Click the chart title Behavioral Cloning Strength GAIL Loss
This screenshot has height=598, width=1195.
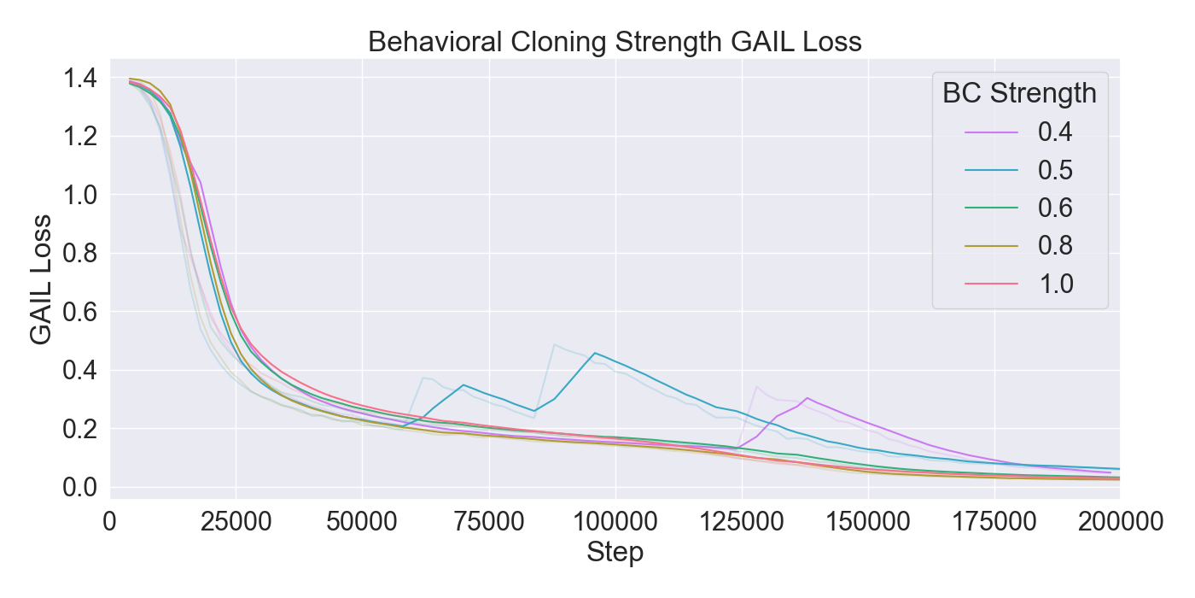(x=615, y=42)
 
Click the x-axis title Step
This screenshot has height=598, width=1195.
(x=615, y=553)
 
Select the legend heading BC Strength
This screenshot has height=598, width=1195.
(x=1019, y=92)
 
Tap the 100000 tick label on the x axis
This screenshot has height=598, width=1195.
(x=615, y=520)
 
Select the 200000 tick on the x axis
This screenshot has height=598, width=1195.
(x=1119, y=520)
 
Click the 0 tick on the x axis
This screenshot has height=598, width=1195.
(x=110, y=520)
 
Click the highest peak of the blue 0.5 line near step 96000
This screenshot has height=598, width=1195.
(x=595, y=353)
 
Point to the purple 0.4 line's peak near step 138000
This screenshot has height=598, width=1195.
(x=807, y=398)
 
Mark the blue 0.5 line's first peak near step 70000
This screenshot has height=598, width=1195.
(x=463, y=384)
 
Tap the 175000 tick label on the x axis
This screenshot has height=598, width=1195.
(x=994, y=520)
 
